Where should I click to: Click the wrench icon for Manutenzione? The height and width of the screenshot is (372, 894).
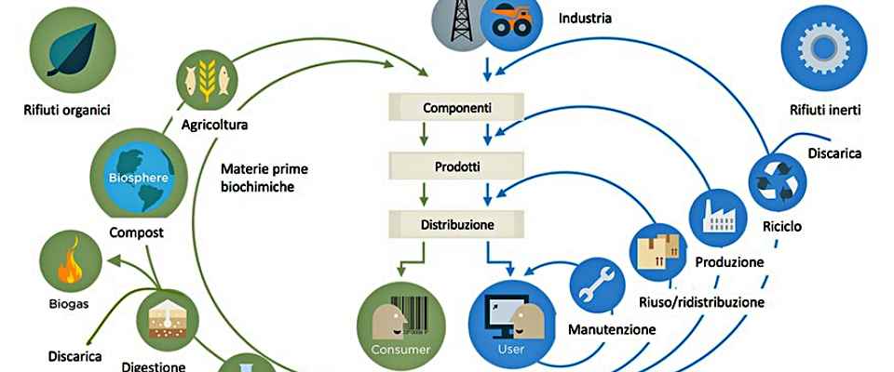click(596, 286)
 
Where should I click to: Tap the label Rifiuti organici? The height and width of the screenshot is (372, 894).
click(67, 111)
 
